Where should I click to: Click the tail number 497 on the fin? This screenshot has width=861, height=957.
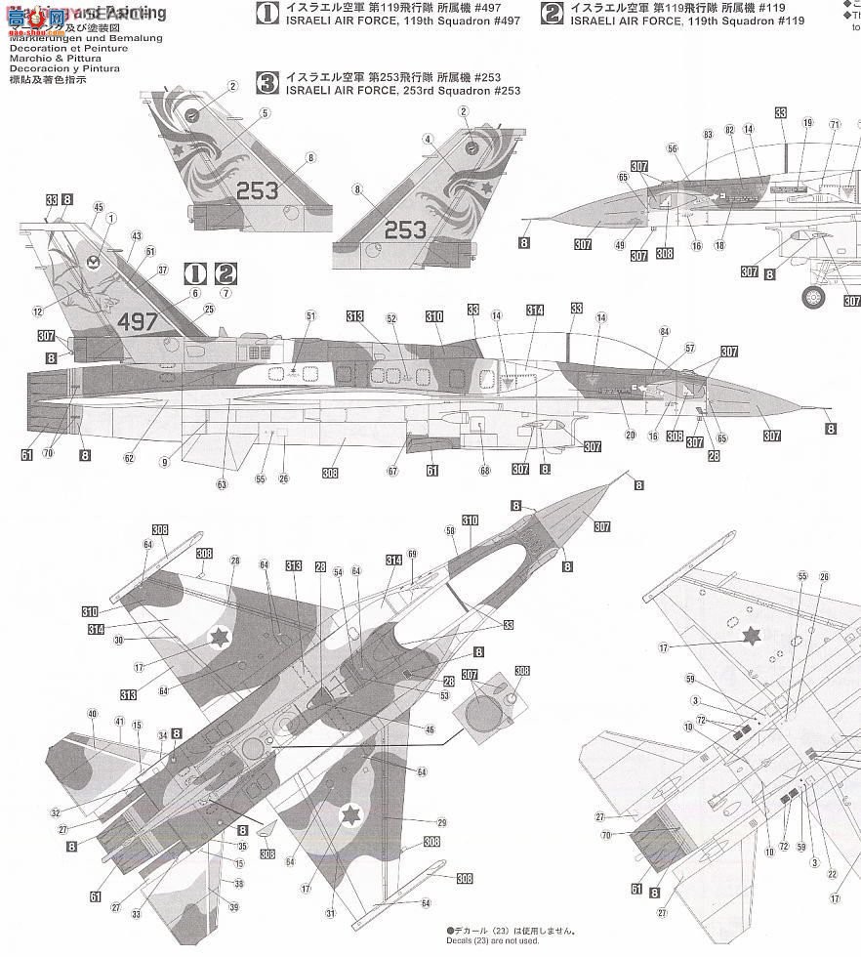point(137,322)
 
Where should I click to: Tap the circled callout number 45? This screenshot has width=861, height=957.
point(98,207)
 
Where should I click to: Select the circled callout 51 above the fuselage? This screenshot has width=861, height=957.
point(311,315)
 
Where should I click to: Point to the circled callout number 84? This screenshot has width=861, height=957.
point(664,333)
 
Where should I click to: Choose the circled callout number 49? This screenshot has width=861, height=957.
point(619,245)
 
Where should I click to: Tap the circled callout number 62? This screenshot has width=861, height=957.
point(130,457)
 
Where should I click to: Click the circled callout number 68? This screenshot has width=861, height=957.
point(484,472)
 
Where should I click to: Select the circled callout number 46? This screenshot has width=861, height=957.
point(430,728)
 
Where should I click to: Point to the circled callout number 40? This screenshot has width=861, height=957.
point(94,717)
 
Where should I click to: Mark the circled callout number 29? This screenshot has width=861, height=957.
point(440,823)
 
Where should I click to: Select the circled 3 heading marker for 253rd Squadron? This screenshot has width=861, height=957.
point(266,82)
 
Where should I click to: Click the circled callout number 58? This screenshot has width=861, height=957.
point(451,531)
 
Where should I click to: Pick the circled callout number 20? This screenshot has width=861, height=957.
point(631,435)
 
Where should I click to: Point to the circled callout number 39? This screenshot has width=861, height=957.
point(234,907)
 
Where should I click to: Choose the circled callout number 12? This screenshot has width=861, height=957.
point(37,312)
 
